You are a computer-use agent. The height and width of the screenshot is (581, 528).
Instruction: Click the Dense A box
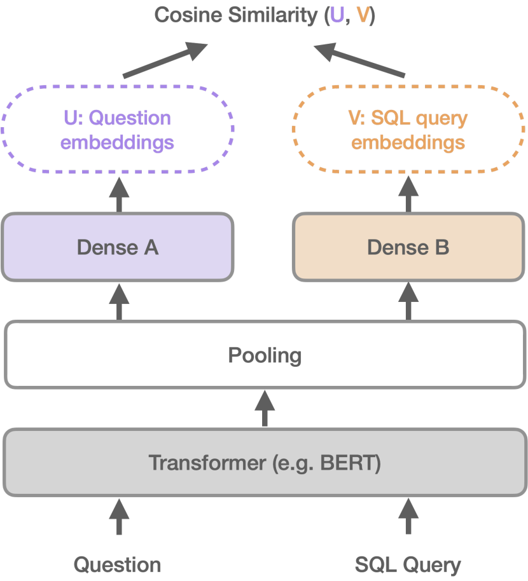click(118, 247)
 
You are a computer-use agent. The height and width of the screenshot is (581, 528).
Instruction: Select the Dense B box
click(408, 247)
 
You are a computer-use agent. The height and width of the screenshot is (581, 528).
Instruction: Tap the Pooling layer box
click(265, 355)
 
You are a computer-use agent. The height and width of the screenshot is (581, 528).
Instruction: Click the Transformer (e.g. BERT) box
click(265, 462)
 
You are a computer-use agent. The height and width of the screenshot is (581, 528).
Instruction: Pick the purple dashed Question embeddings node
click(118, 130)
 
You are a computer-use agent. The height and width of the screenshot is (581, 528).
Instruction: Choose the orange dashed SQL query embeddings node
click(408, 130)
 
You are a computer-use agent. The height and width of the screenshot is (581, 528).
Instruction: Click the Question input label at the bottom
click(118, 564)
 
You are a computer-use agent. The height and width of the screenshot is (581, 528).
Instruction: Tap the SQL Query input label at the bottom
click(408, 564)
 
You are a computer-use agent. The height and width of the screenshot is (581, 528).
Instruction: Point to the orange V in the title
click(363, 15)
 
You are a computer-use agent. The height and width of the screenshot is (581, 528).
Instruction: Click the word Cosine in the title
click(184, 15)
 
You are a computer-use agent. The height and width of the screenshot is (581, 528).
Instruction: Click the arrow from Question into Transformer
click(118, 516)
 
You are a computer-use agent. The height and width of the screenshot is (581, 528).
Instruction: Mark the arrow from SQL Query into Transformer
click(408, 516)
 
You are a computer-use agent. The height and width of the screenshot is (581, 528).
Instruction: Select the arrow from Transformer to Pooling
click(265, 408)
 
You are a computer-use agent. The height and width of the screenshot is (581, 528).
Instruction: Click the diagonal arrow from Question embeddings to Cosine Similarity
click(165, 60)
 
